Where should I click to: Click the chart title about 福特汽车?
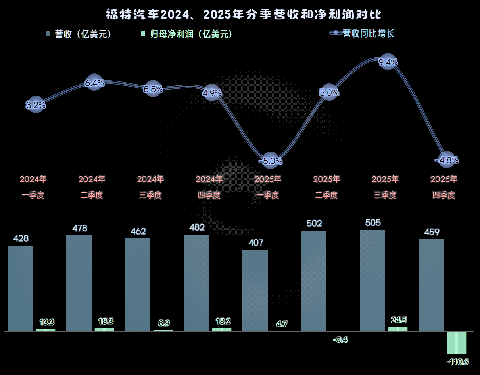(x=243, y=15)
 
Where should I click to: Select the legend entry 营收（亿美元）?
(x=79, y=34)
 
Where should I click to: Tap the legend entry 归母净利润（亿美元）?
(x=186, y=34)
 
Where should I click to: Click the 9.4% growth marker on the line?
(x=388, y=62)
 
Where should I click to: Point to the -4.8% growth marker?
(x=447, y=160)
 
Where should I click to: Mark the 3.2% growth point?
(x=36, y=105)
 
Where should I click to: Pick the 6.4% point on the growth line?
(x=94, y=83)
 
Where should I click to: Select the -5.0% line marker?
(x=271, y=161)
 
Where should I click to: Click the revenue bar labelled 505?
(x=372, y=280)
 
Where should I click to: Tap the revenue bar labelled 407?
(x=255, y=290)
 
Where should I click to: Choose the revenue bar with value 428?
(x=20, y=288)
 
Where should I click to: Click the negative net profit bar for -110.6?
(x=456, y=342)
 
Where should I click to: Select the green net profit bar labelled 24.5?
(x=397, y=329)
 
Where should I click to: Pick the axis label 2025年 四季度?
(x=444, y=187)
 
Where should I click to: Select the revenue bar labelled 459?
(x=431, y=285)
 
